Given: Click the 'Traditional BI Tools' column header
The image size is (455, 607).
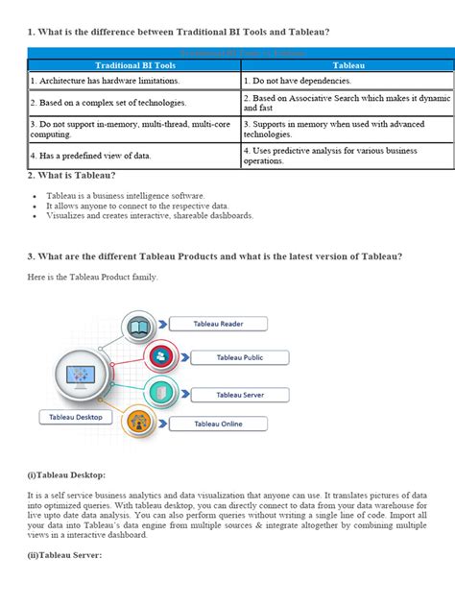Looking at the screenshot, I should tap(129, 65).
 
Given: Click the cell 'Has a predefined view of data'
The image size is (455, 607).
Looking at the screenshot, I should tap(90, 155).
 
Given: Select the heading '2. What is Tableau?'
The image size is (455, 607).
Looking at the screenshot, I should tap(71, 175).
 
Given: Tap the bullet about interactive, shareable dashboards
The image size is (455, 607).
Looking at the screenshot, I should tap(149, 215).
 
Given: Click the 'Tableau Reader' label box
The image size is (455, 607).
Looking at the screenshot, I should tap(218, 325).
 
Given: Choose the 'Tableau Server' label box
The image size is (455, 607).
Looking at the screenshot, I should tap(241, 395).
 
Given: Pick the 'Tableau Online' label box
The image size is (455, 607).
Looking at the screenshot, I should tap(218, 424).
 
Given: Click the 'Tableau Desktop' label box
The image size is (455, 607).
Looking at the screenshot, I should tap(76, 418).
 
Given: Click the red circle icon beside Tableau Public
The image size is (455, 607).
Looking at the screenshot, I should tap(161, 357).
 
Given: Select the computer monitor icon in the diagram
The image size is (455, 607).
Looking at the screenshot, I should tap(84, 375).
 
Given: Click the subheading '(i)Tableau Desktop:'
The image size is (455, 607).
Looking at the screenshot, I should tap(66, 475).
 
